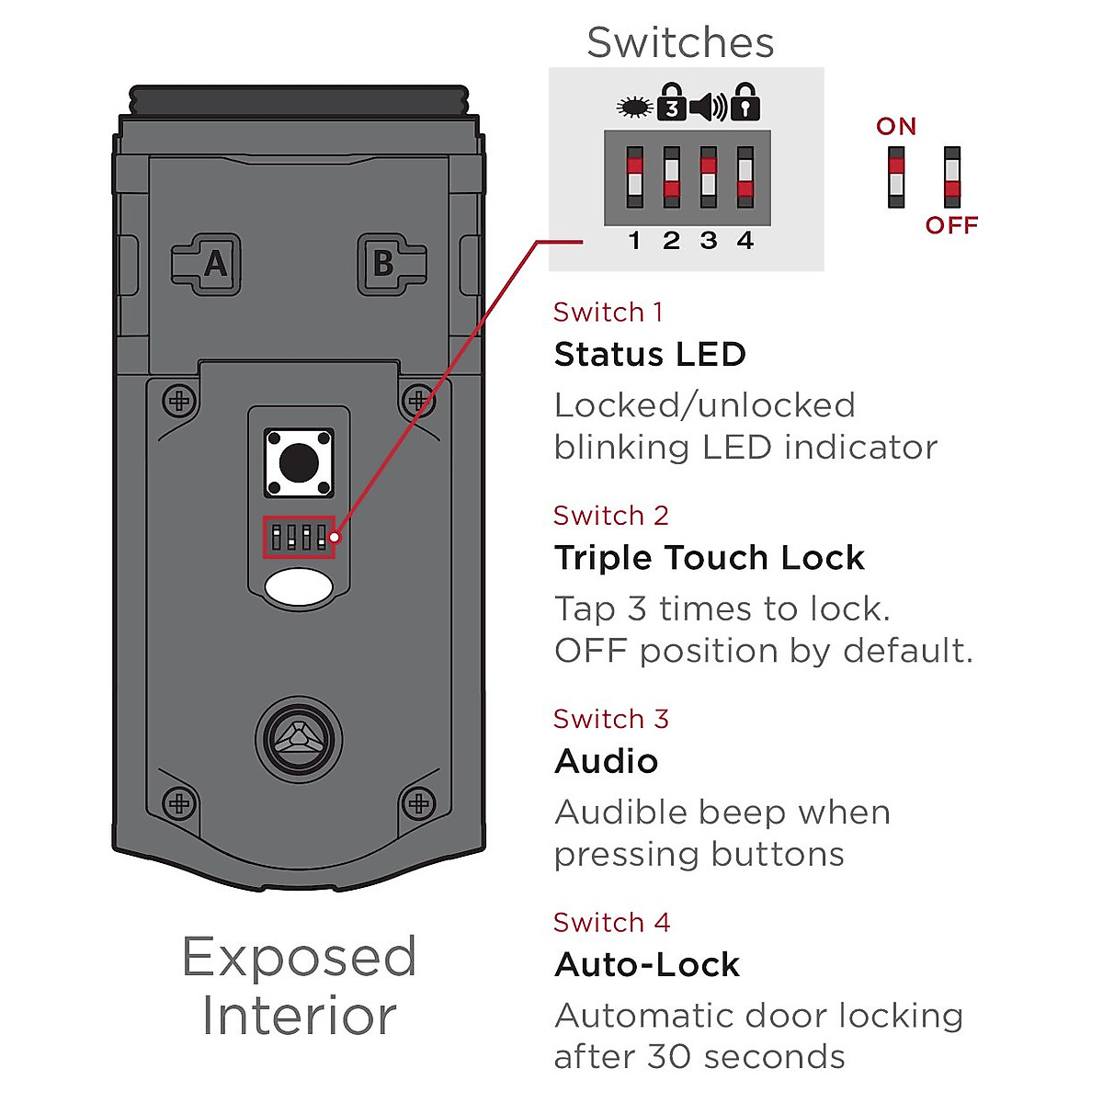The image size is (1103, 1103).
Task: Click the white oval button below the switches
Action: point(299,588)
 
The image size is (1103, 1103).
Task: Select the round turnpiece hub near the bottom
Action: point(299,739)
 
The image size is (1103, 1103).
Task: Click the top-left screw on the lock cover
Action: point(179,401)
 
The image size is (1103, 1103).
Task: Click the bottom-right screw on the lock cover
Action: point(419,803)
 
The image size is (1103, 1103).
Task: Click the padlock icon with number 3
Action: point(672,103)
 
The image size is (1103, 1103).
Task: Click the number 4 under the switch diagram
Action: point(745,241)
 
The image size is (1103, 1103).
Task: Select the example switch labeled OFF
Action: point(951,176)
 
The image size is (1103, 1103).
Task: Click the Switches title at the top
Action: point(680,42)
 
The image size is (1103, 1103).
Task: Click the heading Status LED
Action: point(650,355)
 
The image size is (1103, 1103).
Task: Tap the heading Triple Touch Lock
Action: point(709,558)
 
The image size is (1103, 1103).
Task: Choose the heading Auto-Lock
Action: point(647,965)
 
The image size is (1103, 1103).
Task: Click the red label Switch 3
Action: point(611,719)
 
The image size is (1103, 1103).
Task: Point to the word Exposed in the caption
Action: point(300,958)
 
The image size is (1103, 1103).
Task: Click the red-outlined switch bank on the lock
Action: point(299,537)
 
